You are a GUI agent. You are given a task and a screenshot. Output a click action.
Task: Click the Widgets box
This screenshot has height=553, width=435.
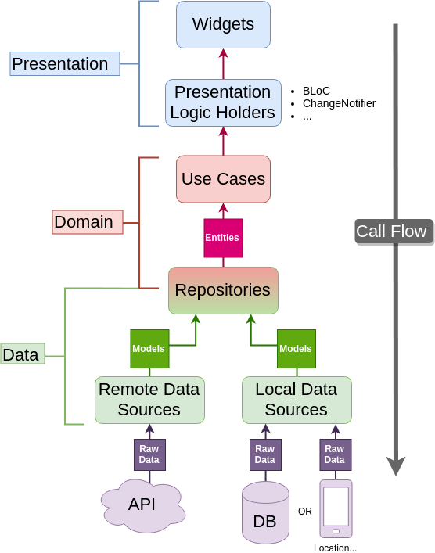[x=223, y=24]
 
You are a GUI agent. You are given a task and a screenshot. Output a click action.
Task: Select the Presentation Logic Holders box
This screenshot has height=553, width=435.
[x=223, y=102]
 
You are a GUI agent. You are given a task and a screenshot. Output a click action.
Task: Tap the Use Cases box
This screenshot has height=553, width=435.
[x=223, y=179]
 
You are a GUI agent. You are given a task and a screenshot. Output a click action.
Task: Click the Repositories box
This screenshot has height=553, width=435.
[x=223, y=290]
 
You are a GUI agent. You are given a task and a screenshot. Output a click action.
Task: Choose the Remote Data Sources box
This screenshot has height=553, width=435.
[x=149, y=400]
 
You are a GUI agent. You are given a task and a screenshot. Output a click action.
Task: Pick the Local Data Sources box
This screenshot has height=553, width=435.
[x=297, y=400]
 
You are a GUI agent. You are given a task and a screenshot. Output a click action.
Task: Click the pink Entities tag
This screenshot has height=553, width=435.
[x=222, y=238]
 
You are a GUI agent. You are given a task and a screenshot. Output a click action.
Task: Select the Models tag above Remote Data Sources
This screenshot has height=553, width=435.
[x=149, y=348]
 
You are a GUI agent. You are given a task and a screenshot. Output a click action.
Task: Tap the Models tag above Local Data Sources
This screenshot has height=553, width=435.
[x=296, y=348]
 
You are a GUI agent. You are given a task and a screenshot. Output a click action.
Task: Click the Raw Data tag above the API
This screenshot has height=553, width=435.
[x=149, y=454]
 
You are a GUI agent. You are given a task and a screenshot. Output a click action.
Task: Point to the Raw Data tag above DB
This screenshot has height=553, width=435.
[x=265, y=454]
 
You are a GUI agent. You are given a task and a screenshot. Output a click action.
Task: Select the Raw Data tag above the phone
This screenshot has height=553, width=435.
[x=334, y=454]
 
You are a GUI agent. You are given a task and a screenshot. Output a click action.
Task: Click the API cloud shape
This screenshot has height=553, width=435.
[x=142, y=505]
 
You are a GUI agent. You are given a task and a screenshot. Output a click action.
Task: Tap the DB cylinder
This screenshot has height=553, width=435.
[x=265, y=513]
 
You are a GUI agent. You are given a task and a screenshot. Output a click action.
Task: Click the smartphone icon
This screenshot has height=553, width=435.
[x=336, y=508]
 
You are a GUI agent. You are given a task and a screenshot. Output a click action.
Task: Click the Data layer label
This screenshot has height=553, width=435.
[x=22, y=354]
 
